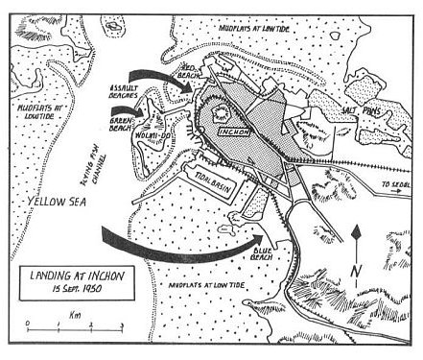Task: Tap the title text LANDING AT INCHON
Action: click(84, 274)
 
